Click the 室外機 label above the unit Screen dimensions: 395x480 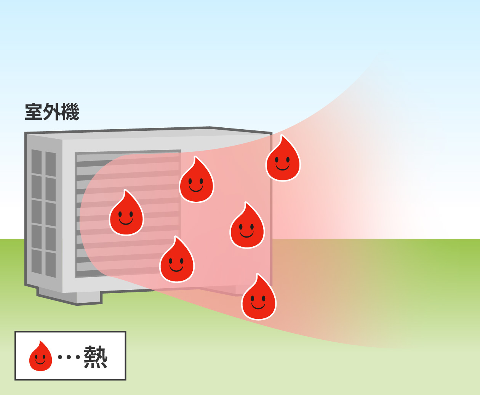pyautogui.click(x=52, y=112)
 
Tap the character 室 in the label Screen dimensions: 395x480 pyautogui.click(x=34, y=112)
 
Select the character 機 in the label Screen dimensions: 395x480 pyautogui.click(x=70, y=112)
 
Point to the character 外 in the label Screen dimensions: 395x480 pyautogui.click(x=52, y=112)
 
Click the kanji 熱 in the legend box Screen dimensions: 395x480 pyautogui.click(x=96, y=357)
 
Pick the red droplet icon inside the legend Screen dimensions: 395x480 pyautogui.click(x=40, y=357)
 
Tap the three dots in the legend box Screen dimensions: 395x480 pyautogui.click(x=69, y=357)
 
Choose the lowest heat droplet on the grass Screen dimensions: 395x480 pyautogui.click(x=259, y=299)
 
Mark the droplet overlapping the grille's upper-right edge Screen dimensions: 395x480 pyautogui.click(x=196, y=182)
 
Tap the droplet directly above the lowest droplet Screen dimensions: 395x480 pyautogui.click(x=247, y=228)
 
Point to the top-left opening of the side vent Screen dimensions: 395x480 pyautogui.click(x=37, y=162)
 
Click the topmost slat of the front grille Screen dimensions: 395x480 pyautogui.click(x=128, y=157)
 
